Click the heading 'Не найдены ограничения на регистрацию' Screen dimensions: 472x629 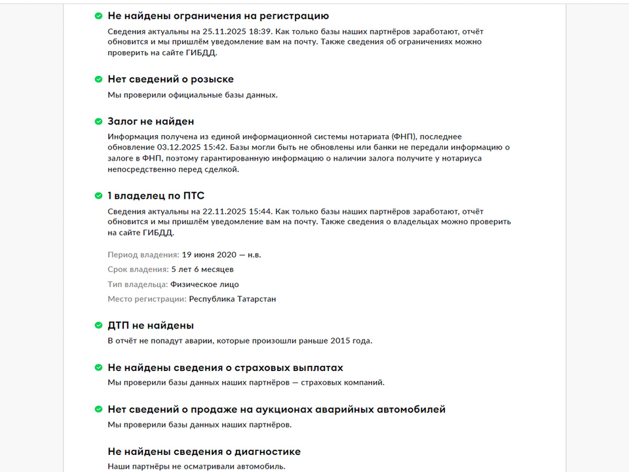coord(218,16)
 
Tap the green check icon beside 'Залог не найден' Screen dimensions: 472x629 coord(98,121)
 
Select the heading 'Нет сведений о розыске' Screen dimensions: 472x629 coord(170,79)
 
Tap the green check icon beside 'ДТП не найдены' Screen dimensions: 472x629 coord(98,325)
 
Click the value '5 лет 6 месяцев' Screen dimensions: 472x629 coord(202,269)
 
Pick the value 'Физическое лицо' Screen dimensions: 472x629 coord(204,285)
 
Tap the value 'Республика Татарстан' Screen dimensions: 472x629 coord(233,299)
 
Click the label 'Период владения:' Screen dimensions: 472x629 coord(143,254)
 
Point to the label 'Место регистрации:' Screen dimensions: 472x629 coord(147,299)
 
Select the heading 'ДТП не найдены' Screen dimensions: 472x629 coord(151,325)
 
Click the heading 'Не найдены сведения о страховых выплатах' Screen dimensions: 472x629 coord(225,368)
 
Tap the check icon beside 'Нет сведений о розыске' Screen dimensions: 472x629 coord(98,79)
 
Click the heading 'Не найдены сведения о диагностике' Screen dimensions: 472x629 coord(204,452)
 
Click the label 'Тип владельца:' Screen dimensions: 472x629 coord(138,285)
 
